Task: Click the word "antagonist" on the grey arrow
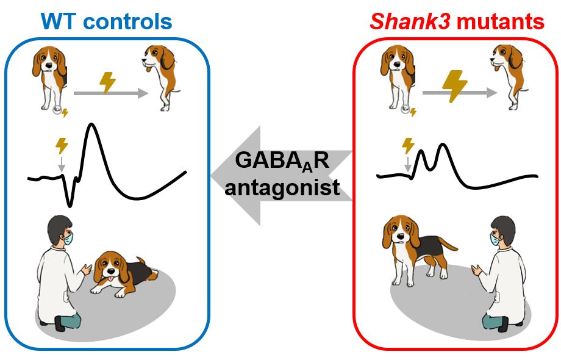pos(282,186)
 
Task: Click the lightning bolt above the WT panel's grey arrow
pos(108,82)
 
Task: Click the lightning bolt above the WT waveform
pos(62,145)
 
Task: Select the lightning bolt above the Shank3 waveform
pos(408,145)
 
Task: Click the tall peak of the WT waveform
pos(91,126)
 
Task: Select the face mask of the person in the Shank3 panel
pos(493,239)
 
